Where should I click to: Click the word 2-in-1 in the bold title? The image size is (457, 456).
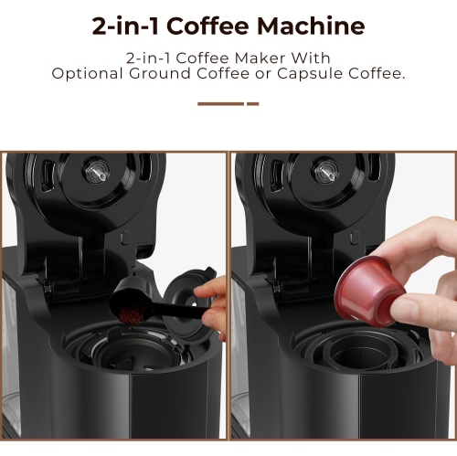128,25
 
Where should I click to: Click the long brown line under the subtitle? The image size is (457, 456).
220,103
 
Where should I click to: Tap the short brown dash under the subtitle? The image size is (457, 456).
253,103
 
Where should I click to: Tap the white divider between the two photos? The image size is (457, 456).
228,302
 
